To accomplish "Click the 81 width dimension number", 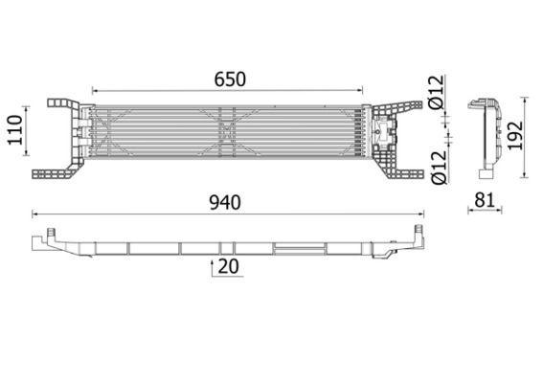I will [487, 202].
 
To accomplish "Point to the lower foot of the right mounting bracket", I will [408, 173].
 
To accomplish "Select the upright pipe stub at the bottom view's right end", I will [416, 231].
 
